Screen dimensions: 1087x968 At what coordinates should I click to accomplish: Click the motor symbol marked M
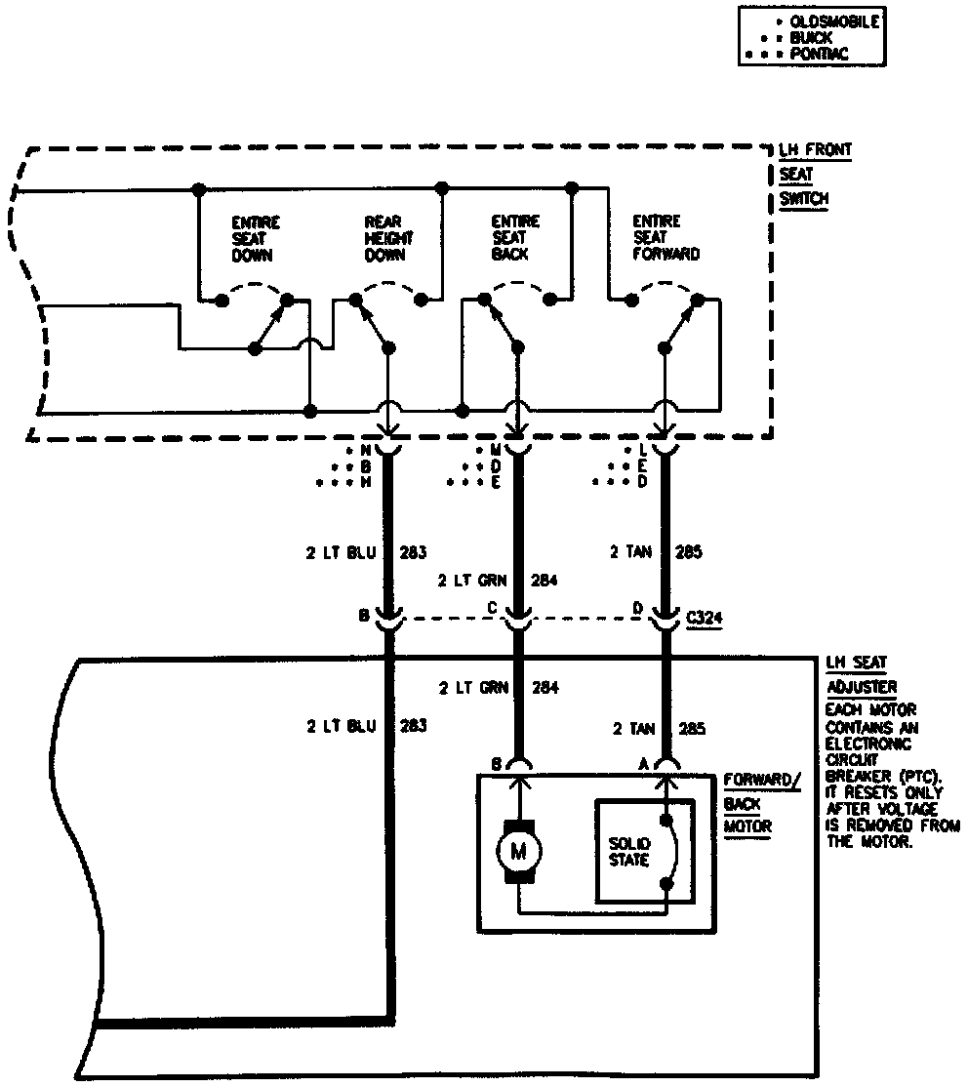517,851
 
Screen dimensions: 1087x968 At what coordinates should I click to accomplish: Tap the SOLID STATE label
628,851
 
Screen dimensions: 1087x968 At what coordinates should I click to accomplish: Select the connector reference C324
704,619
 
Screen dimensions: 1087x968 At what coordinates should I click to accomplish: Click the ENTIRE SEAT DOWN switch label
252,238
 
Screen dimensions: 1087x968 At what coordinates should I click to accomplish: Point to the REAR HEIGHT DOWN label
387,238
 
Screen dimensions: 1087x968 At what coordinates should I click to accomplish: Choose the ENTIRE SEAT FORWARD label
665,237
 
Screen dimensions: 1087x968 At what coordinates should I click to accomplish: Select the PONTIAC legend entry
821,55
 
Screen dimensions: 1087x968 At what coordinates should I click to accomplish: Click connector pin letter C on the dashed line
494,608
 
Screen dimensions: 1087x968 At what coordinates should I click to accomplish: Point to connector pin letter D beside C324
638,608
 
